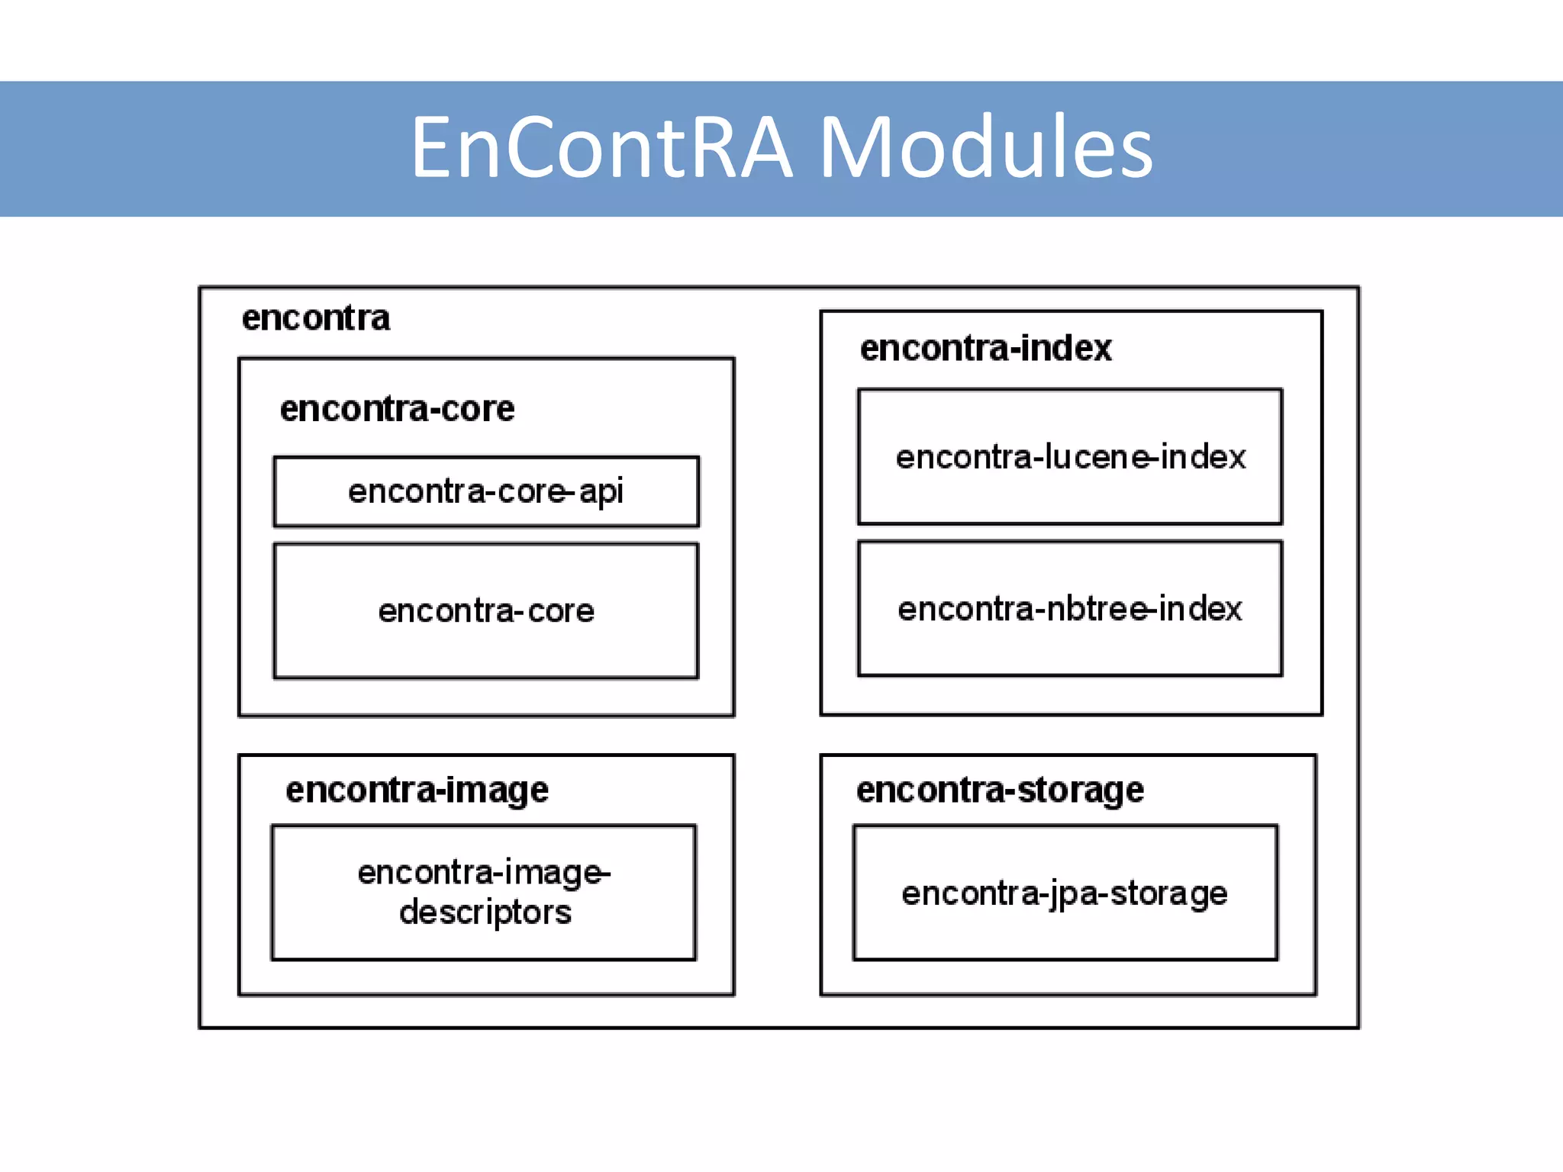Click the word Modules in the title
(985, 147)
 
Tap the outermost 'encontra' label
(315, 318)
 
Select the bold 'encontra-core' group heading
(397, 409)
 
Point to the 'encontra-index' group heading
(985, 349)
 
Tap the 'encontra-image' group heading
(417, 790)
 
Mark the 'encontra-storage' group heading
(1000, 790)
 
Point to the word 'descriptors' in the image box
(485, 913)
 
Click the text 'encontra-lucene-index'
(1070, 458)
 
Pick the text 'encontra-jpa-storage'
(1065, 893)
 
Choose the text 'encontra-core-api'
(486, 491)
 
